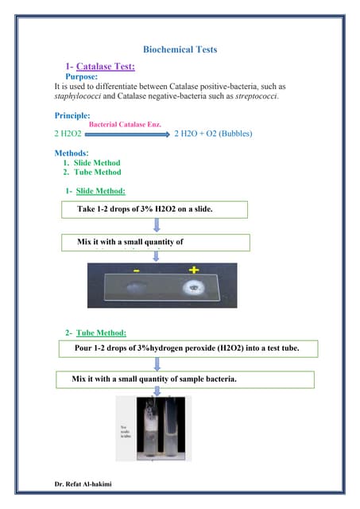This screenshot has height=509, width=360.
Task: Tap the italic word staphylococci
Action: [x=79, y=96]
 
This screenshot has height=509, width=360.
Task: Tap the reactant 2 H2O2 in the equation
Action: [x=68, y=134]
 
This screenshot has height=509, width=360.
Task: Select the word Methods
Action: [x=72, y=153]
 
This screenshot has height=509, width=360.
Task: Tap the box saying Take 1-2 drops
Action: [x=155, y=209]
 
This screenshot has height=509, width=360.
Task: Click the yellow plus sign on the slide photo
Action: [x=193, y=270]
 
